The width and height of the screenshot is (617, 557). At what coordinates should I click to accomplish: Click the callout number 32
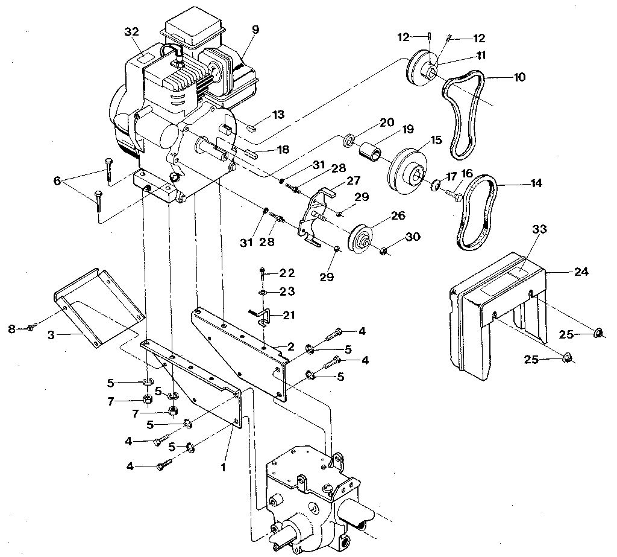click(x=132, y=31)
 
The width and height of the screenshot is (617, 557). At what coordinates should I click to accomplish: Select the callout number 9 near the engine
click(x=255, y=30)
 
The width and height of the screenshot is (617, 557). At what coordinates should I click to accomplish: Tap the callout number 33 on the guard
click(x=539, y=229)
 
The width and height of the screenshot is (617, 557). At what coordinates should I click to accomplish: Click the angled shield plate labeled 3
click(x=98, y=308)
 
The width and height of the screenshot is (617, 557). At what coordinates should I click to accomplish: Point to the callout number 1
click(x=224, y=467)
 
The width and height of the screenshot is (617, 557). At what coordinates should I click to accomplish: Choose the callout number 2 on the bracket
click(x=291, y=346)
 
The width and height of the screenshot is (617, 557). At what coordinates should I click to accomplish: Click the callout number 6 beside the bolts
click(x=57, y=181)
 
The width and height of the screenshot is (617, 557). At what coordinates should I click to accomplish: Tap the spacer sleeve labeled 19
click(x=370, y=151)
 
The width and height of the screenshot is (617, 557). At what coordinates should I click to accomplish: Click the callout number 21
click(x=289, y=316)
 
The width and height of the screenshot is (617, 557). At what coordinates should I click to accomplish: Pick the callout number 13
click(x=278, y=115)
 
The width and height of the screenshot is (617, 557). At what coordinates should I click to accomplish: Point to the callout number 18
click(x=283, y=150)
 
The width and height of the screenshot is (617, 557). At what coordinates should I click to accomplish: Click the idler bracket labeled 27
click(x=311, y=219)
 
